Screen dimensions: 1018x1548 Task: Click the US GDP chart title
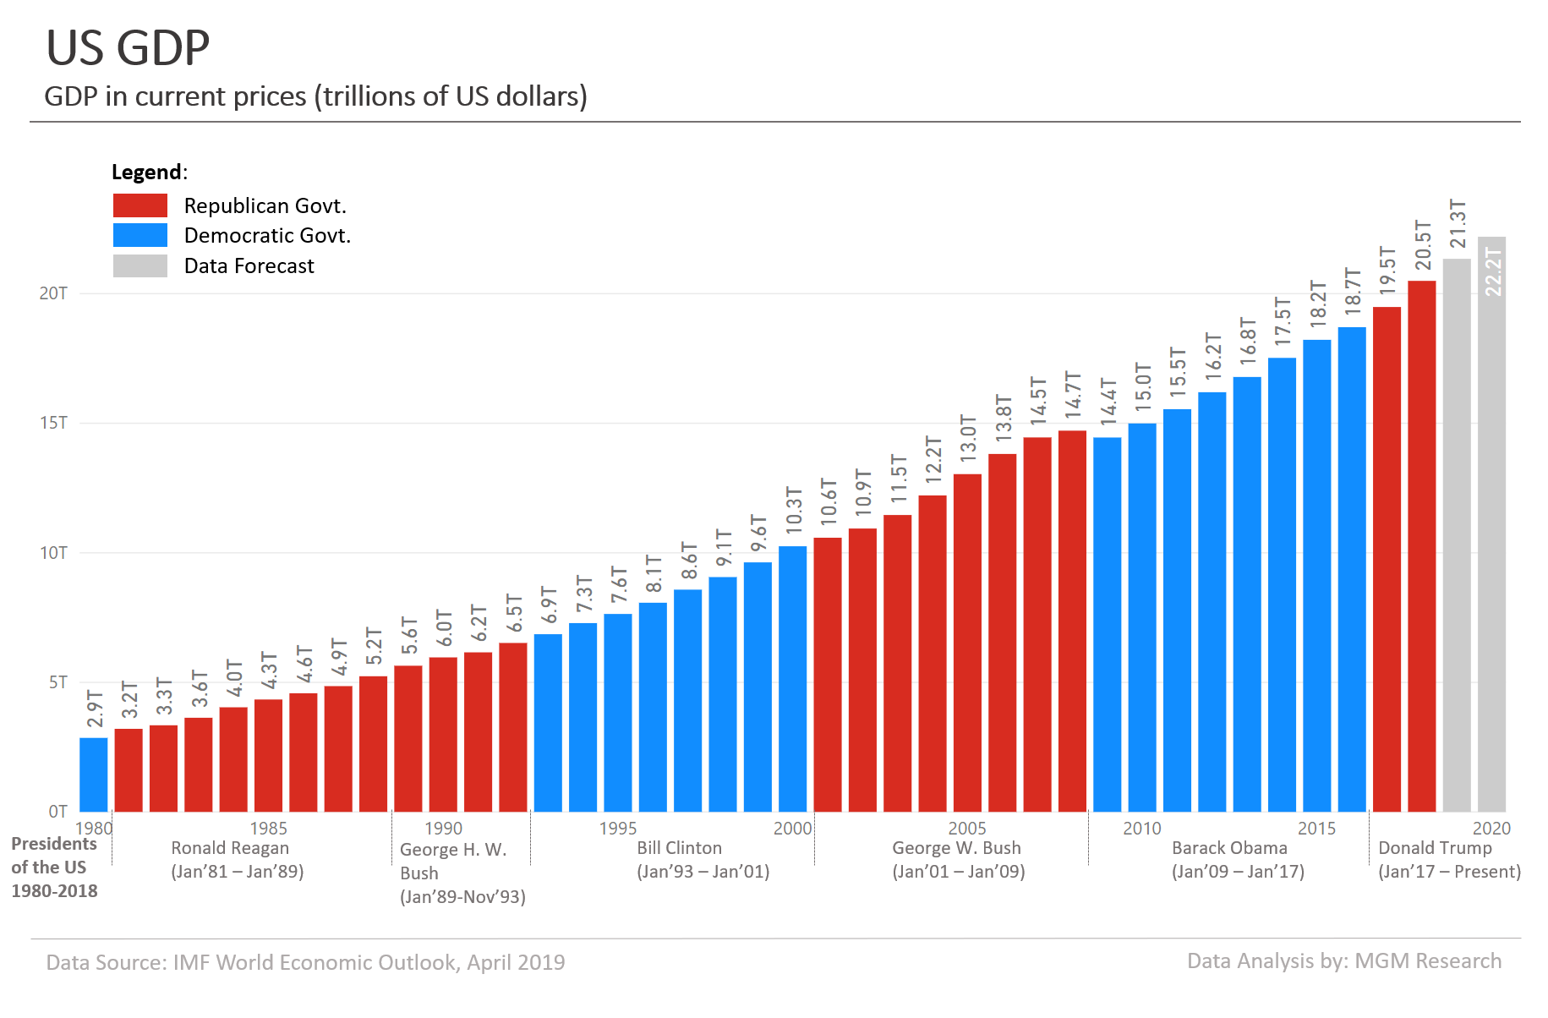(x=128, y=48)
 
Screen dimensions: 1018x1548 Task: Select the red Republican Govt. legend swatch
(x=140, y=205)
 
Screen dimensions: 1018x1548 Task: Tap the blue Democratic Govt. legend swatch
(x=140, y=235)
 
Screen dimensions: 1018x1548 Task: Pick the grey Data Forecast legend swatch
(x=140, y=265)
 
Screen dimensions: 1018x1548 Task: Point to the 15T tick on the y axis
(x=53, y=423)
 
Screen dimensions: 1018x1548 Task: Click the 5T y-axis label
(x=57, y=682)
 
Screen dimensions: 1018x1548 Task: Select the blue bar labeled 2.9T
(x=94, y=774)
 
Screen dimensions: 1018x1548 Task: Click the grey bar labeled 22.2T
(x=1491, y=524)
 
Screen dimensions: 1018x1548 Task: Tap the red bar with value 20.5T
(x=1422, y=546)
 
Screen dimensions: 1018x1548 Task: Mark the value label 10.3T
(x=794, y=510)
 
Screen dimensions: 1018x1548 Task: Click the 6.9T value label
(x=549, y=605)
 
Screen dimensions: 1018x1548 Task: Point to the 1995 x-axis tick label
(x=618, y=829)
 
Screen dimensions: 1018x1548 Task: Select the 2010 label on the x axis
(x=1142, y=829)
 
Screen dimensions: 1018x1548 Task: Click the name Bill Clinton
(x=680, y=848)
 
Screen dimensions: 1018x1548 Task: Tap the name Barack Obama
(x=1229, y=848)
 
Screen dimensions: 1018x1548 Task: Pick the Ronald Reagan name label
(x=230, y=848)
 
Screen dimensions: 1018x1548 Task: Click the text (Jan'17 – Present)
(x=1449, y=872)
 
